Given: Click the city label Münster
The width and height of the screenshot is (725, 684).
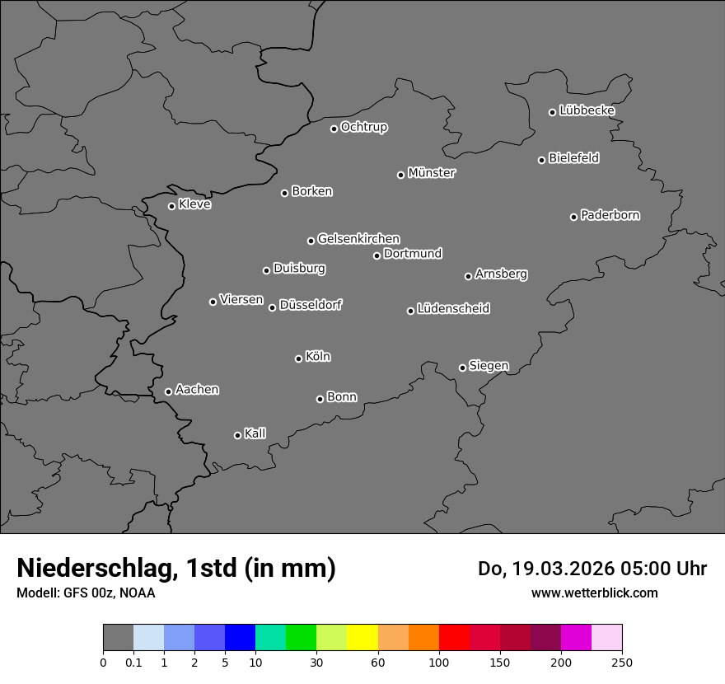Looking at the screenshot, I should (432, 173).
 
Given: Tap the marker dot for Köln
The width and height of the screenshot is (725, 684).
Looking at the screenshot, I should (298, 358).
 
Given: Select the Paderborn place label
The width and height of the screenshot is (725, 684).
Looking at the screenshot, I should (610, 215).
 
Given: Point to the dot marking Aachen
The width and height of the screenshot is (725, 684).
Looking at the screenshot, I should (168, 391).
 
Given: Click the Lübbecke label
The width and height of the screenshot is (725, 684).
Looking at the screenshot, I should (587, 110).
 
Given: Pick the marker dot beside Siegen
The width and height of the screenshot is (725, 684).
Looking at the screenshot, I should (462, 368).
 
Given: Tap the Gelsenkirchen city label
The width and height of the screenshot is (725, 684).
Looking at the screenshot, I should (359, 239).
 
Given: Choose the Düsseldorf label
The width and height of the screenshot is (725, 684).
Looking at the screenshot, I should (311, 305).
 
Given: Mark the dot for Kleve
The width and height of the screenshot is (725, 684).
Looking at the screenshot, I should (171, 206).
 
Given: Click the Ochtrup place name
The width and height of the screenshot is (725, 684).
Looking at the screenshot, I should (364, 127).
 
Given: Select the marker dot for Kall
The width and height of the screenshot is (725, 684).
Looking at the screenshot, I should (237, 435).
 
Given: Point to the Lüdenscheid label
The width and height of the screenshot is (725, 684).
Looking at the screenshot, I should (454, 309).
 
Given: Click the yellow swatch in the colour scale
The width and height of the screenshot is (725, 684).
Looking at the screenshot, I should (362, 638).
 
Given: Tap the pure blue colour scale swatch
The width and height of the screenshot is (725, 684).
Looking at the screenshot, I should (240, 638).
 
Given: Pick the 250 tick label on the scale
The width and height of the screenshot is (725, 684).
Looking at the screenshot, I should (622, 662).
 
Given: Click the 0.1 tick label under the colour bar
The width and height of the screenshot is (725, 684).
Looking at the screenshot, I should (133, 662).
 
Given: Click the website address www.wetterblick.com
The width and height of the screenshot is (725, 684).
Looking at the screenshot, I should (595, 593).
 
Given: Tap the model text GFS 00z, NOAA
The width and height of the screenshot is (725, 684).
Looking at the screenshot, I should (105, 593).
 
